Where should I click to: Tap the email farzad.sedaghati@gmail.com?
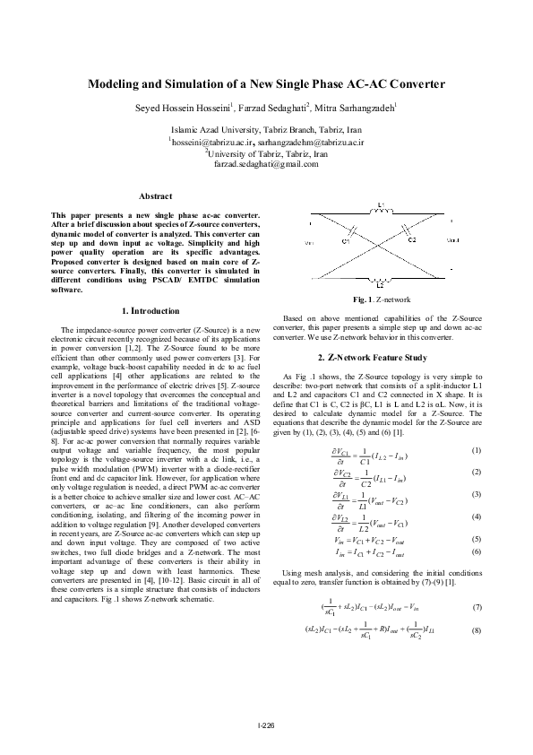pyautogui.click(x=266, y=164)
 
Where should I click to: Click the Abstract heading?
pyautogui.click(x=156, y=195)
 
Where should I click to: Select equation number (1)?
pyautogui.click(x=477, y=424)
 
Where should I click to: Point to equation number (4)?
pyautogui.click(x=477, y=491)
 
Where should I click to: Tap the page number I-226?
pyautogui.click(x=266, y=725)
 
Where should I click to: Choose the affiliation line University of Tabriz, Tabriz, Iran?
pyautogui.click(x=265, y=153)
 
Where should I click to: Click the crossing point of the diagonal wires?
pyautogui.click(x=379, y=242)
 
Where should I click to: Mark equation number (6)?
pyautogui.click(x=477, y=526)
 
